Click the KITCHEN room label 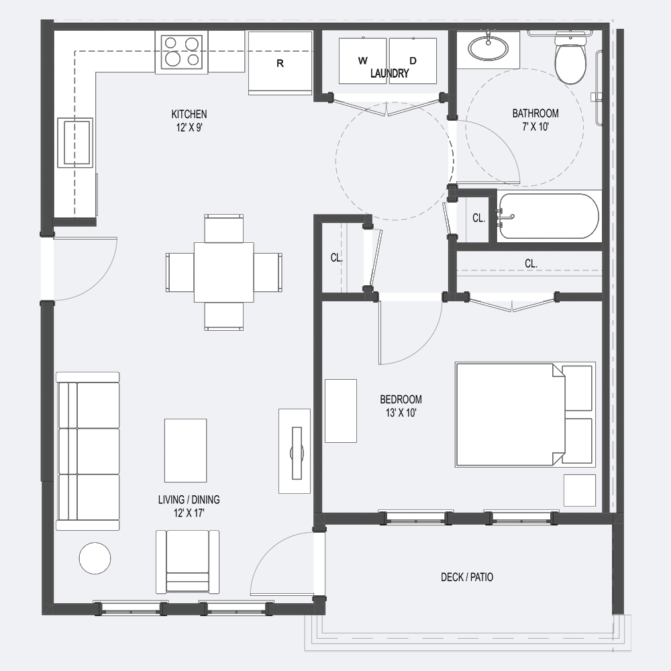click(189, 114)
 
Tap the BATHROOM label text click(535, 113)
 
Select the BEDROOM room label click(401, 399)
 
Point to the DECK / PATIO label click(467, 577)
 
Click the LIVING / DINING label click(189, 499)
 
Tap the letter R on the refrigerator click(280, 63)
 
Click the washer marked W click(362, 61)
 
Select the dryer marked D click(413, 61)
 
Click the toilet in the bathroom click(570, 58)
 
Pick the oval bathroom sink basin click(488, 48)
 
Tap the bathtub click(548, 216)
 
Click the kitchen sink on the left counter click(75, 142)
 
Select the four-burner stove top click(182, 52)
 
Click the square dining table click(224, 272)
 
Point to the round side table click(95, 558)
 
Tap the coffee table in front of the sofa click(186, 451)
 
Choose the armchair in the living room click(187, 562)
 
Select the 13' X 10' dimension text click(401, 413)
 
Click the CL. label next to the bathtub click(479, 218)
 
